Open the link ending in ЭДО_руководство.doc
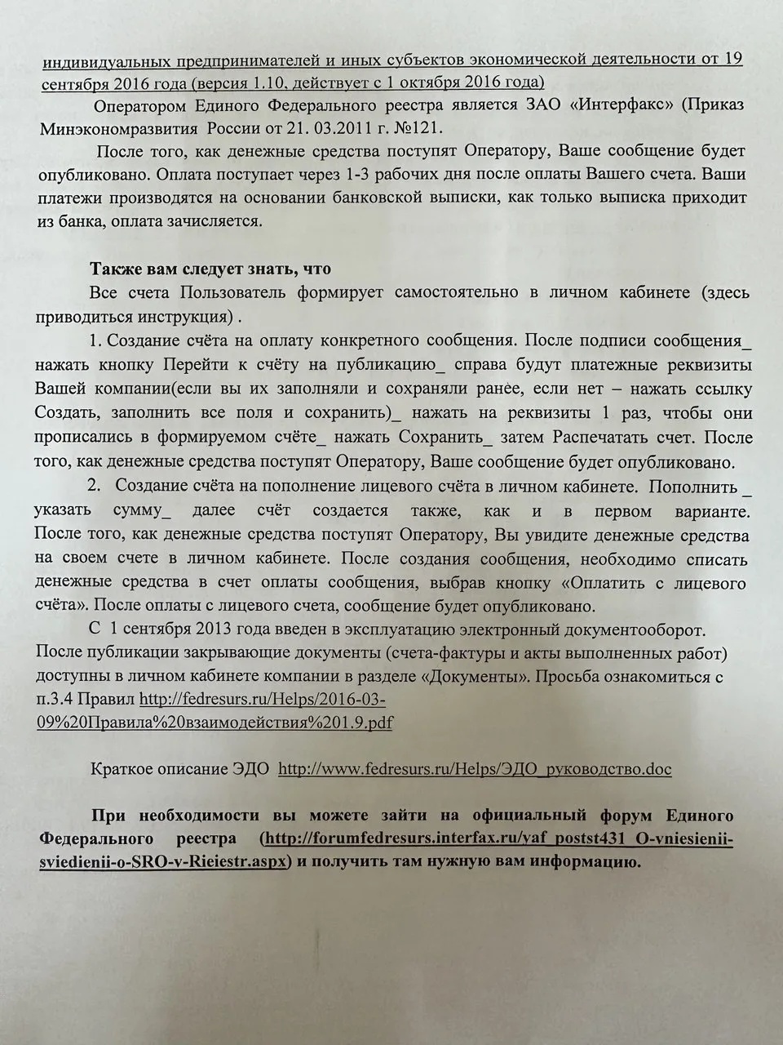coord(475,769)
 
